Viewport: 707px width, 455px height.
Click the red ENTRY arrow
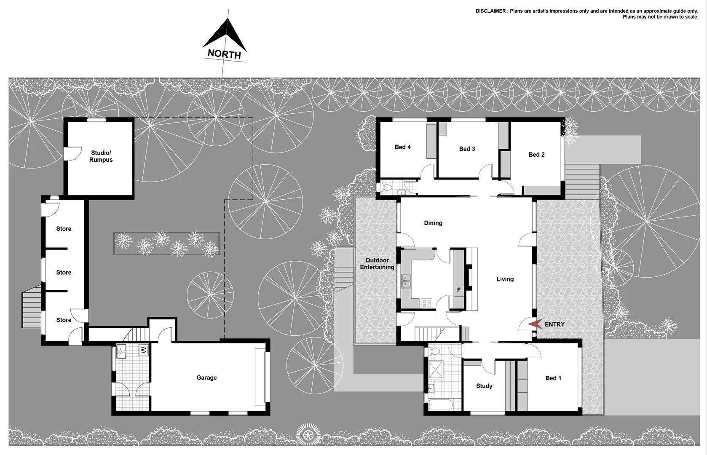tap(536, 324)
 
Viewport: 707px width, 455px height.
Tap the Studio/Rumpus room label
tap(101, 156)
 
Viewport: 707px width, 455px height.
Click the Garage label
tap(206, 377)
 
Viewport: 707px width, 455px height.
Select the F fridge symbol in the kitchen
tap(459, 290)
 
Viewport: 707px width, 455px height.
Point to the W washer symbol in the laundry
tap(144, 350)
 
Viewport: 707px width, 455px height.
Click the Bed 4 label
tap(402, 147)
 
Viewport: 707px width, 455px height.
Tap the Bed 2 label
tap(536, 155)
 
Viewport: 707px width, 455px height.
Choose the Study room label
tap(484, 386)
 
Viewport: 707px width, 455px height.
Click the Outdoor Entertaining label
tap(377, 264)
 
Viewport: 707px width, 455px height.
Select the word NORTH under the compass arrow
tap(224, 54)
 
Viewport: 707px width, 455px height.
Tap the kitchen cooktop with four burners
tap(427, 302)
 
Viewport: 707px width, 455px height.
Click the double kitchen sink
tap(406, 281)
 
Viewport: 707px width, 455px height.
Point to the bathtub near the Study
tap(440, 406)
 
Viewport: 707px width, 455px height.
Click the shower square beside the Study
tap(440, 369)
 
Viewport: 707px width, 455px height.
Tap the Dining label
tap(433, 223)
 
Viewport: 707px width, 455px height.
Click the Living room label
tap(505, 279)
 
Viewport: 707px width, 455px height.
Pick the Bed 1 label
tap(553, 378)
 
